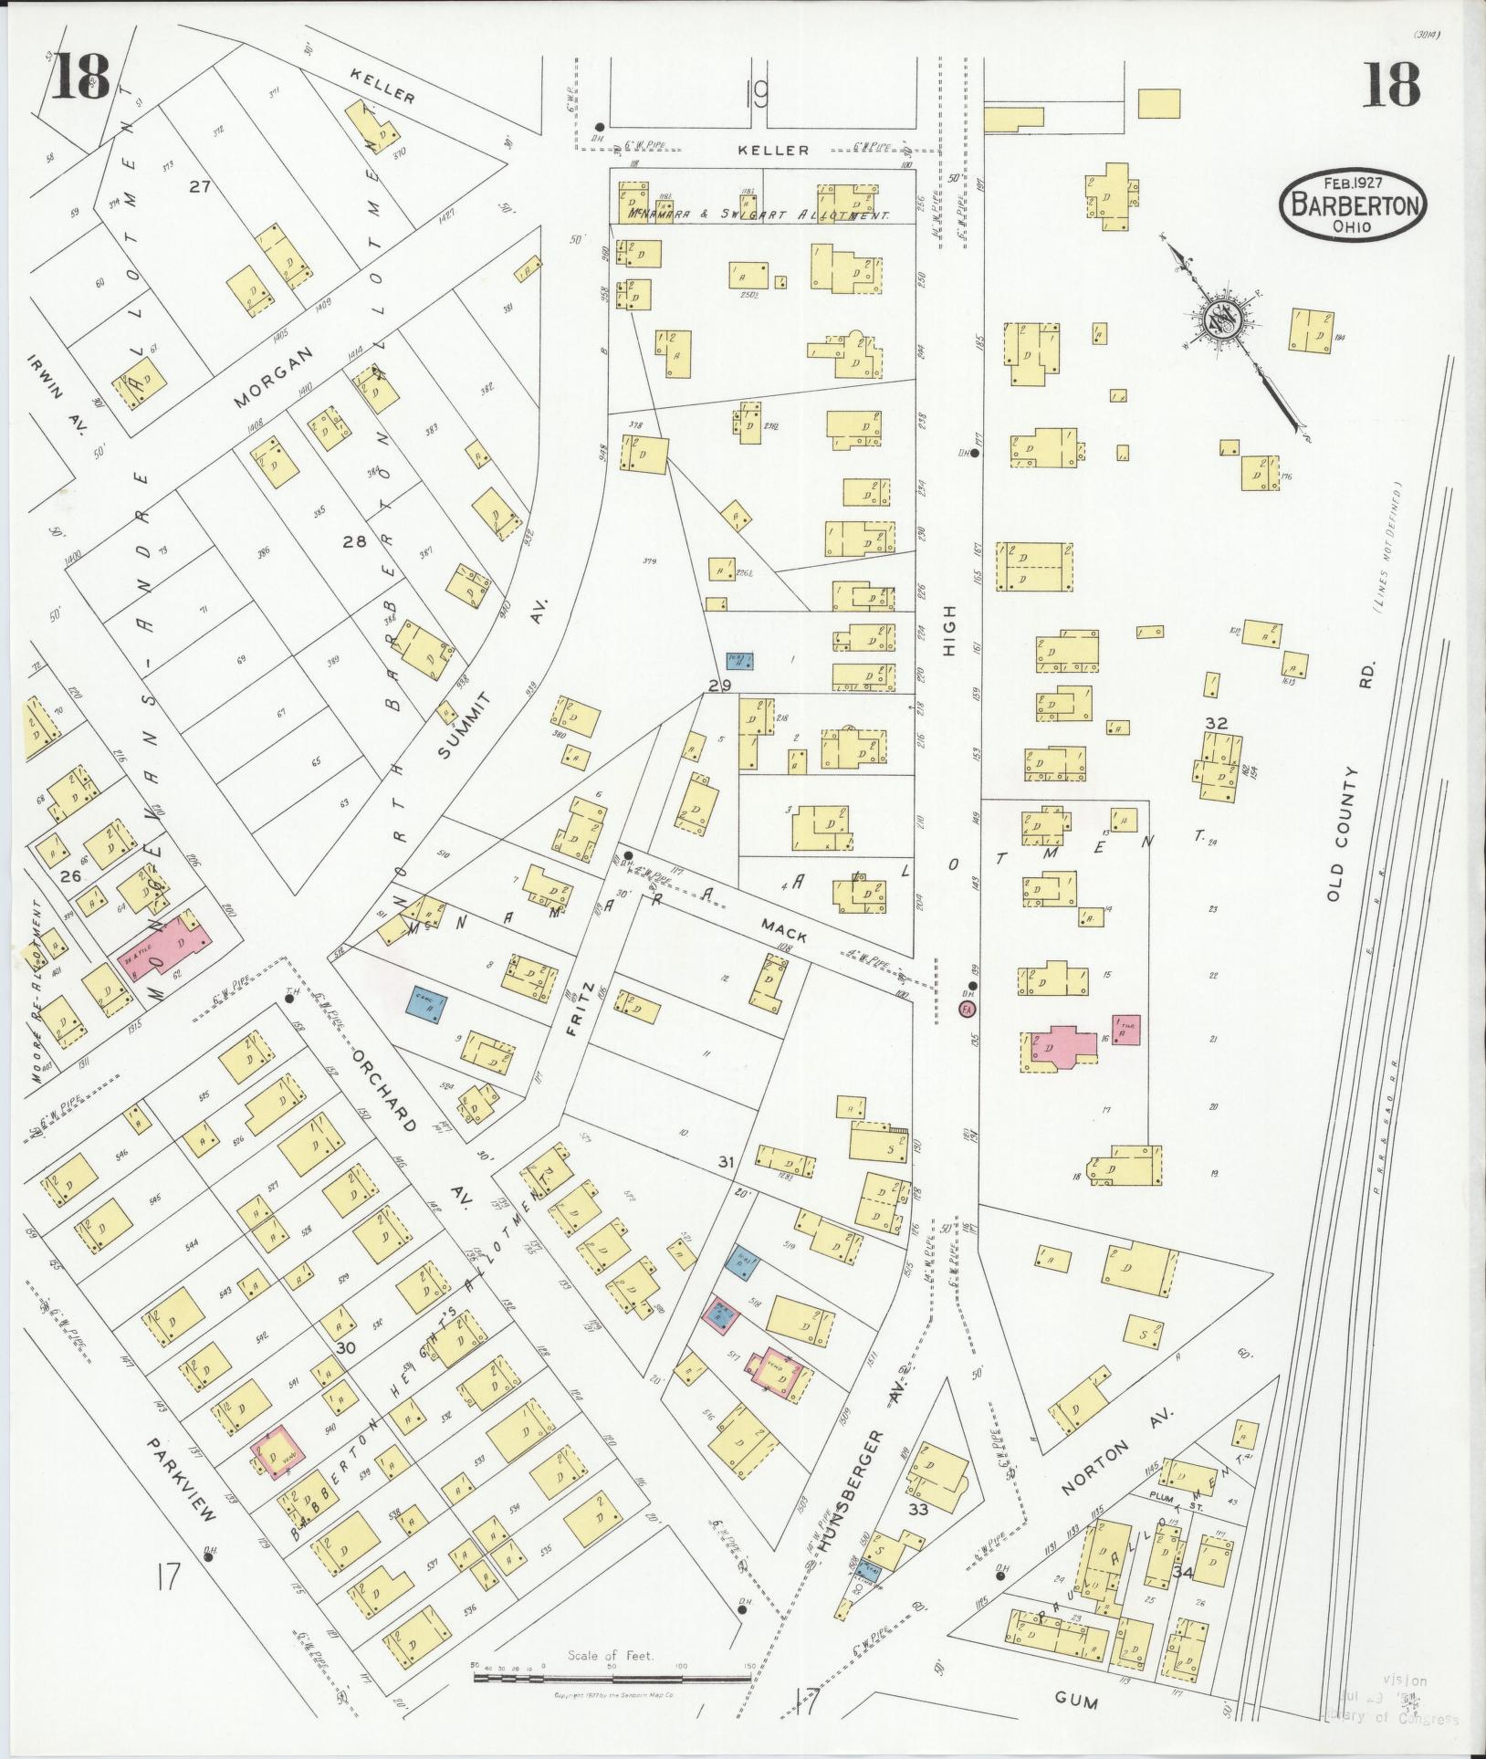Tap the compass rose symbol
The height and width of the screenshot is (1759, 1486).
pyautogui.click(x=1219, y=319)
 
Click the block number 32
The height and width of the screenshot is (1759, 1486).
pyautogui.click(x=1216, y=723)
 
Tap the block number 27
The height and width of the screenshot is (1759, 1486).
pyautogui.click(x=200, y=186)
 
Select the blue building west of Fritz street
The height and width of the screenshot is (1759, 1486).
pyautogui.click(x=426, y=1005)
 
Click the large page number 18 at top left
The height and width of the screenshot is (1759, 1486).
pyautogui.click(x=80, y=78)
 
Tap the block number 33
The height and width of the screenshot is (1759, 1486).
pyautogui.click(x=917, y=1509)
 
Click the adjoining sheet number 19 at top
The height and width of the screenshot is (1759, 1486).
pyautogui.click(x=756, y=94)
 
